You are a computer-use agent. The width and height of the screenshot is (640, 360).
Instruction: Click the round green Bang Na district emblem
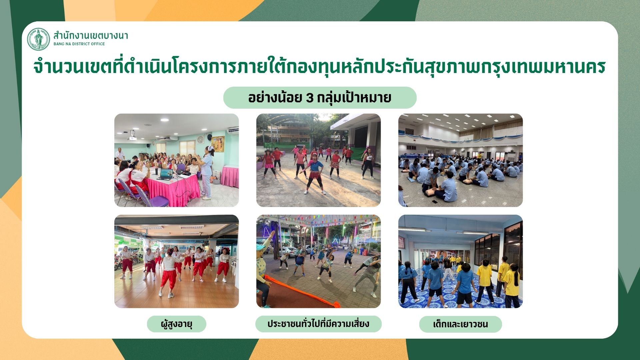click(38, 39)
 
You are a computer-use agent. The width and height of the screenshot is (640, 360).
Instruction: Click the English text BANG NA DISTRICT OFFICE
click(79, 44)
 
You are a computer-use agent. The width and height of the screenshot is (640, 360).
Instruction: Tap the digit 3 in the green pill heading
click(310, 98)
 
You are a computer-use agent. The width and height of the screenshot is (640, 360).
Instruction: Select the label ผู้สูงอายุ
click(177, 324)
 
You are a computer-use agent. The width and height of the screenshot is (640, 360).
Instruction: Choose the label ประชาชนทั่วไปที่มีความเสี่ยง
click(318, 324)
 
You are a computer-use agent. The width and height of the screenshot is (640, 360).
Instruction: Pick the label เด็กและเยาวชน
click(460, 324)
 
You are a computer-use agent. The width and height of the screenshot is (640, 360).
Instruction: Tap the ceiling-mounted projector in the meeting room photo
click(133, 137)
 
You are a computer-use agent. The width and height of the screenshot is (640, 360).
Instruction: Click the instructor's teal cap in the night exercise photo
click(261, 247)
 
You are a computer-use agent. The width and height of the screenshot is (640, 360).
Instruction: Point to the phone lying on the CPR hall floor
click(435, 202)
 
